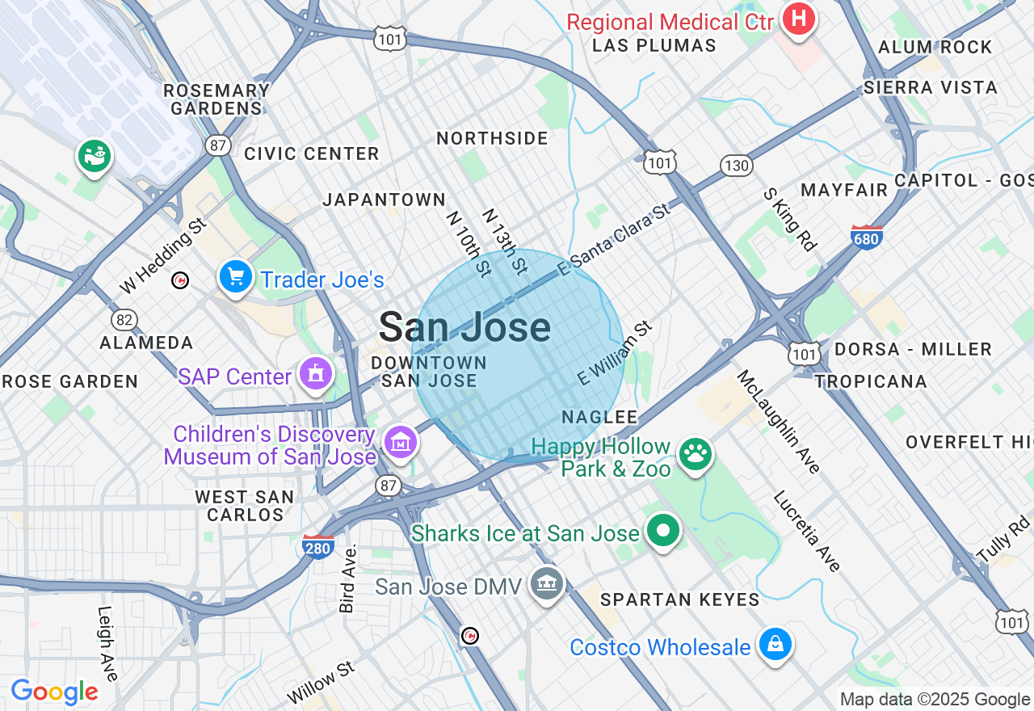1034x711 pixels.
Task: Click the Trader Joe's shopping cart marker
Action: (x=236, y=278)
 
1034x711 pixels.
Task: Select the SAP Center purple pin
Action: (x=315, y=374)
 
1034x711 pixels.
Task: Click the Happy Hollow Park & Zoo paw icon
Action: (x=695, y=456)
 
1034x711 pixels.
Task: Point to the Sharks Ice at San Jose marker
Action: (x=663, y=532)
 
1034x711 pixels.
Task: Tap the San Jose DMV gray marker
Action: (x=546, y=584)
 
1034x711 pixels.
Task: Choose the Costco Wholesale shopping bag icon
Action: (x=775, y=646)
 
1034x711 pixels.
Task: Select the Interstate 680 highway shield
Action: (x=867, y=237)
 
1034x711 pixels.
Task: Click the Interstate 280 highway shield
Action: (x=318, y=546)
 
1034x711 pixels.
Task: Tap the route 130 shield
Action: (x=737, y=166)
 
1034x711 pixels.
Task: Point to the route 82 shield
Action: (x=124, y=320)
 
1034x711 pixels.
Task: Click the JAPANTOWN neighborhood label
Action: (x=384, y=200)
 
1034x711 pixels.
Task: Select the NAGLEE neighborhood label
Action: (x=599, y=417)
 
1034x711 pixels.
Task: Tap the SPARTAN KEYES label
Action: (x=679, y=600)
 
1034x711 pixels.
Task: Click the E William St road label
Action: (x=615, y=353)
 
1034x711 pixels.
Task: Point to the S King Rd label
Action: (x=790, y=220)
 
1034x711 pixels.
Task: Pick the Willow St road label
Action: (x=321, y=683)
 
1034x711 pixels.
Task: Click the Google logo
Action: (x=54, y=692)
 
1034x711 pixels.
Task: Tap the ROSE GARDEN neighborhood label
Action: (x=70, y=381)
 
